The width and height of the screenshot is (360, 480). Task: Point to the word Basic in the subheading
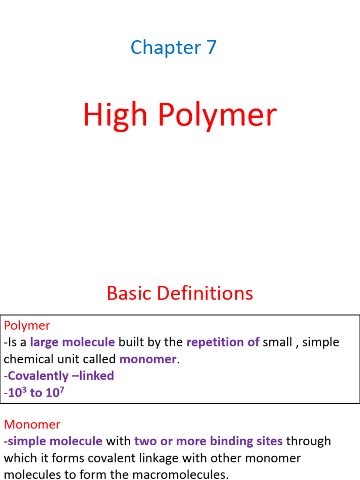129,294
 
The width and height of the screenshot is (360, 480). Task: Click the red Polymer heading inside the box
27,325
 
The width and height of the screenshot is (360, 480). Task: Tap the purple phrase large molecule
72,342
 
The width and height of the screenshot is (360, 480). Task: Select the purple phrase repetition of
223,342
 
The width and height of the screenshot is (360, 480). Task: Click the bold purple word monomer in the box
148,360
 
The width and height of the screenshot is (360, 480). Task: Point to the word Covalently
38,376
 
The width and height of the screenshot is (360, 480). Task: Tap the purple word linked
97,376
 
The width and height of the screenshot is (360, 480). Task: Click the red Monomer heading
32,425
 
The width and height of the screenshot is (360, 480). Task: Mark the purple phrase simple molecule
55,441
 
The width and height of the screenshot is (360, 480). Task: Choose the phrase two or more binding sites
208,441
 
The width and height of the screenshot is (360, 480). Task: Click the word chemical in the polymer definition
30,360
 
